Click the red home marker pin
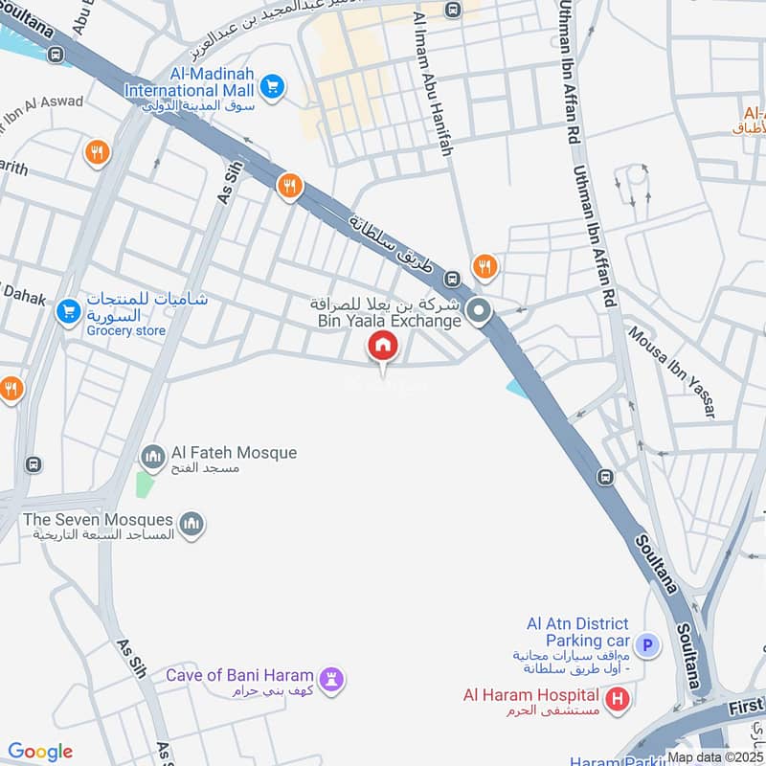tap(383, 346)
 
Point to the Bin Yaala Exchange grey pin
tap(479, 312)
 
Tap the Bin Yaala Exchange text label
tap(390, 321)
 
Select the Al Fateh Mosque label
tap(234, 453)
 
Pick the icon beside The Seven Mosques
tap(192, 523)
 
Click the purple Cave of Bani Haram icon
tap(332, 679)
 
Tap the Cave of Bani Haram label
tap(241, 676)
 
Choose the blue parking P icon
tap(648, 645)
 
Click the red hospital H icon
tap(619, 698)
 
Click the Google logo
tap(40, 752)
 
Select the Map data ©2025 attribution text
tap(716, 756)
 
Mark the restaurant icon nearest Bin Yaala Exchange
tap(485, 266)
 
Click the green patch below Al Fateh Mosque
tap(144, 484)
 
